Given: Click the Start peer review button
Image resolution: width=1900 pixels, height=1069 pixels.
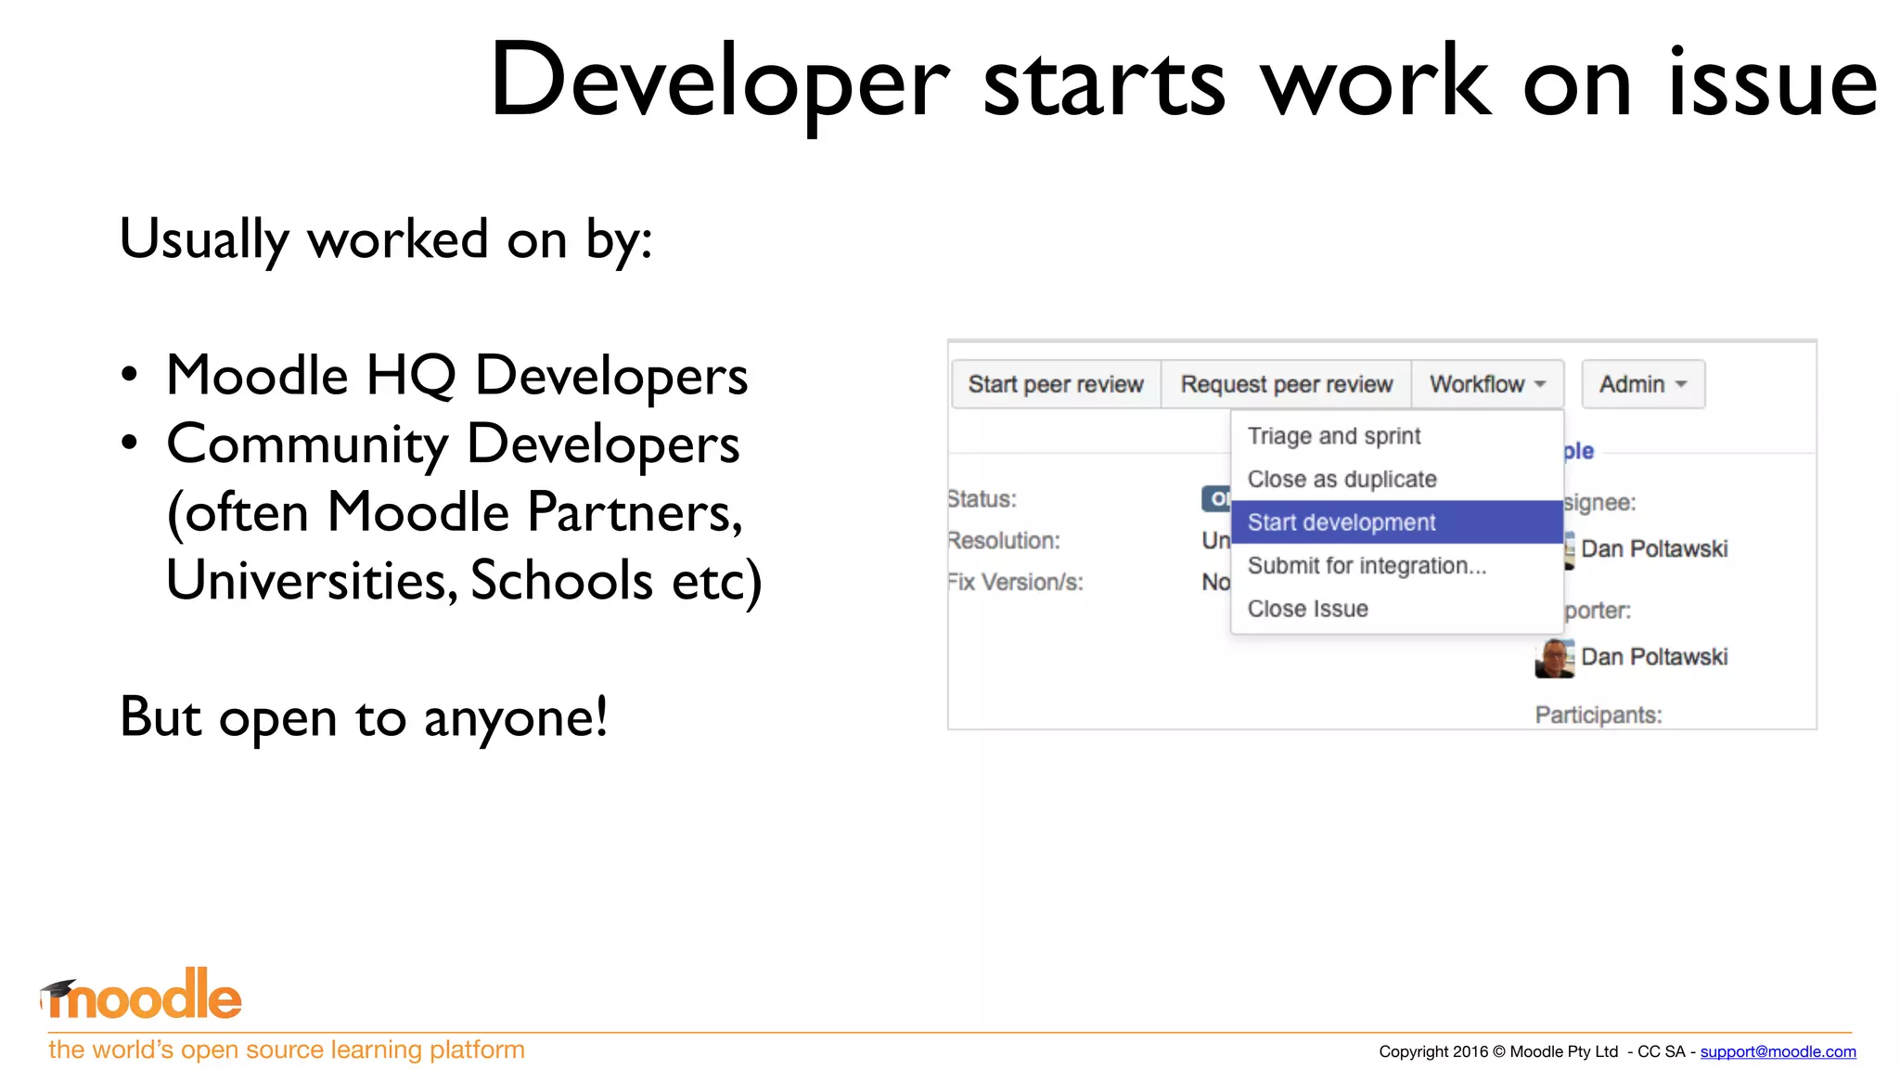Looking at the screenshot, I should point(1056,384).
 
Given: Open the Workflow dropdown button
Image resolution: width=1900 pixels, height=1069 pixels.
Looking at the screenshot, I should point(1487,384).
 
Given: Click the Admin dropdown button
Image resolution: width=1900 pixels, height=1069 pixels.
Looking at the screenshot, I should point(1642,384).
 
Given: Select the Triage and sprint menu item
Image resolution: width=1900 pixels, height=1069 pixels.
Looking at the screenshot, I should point(1333,436).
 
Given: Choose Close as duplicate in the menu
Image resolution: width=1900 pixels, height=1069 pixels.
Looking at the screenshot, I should point(1342,480).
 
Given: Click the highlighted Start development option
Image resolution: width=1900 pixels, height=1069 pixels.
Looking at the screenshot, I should point(1342,522).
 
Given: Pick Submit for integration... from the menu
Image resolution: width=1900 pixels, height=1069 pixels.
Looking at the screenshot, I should point(1366,566).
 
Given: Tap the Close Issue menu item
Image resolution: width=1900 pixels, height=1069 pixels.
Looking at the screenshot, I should point(1307,609).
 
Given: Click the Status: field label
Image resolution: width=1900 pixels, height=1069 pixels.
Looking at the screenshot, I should point(982,499).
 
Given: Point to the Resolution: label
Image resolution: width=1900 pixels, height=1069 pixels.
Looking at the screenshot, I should point(1004,541).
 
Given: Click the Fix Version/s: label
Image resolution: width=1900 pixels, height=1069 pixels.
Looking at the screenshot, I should point(1015,583).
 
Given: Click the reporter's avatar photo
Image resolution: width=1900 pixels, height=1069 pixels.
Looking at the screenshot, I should point(1554,658).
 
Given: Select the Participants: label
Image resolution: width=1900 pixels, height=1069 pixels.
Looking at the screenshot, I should point(1598,715).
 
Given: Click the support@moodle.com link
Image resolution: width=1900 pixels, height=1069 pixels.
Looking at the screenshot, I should point(1778,1051).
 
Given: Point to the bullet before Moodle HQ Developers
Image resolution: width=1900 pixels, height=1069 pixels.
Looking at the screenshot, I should point(130,376).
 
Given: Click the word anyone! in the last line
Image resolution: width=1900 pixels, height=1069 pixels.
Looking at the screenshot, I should point(516,718).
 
